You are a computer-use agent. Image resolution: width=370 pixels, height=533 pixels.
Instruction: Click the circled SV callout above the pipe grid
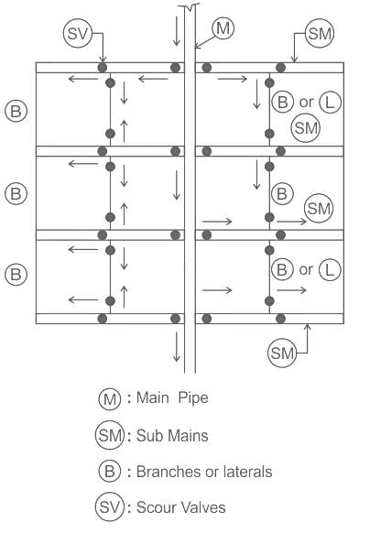tap(78, 33)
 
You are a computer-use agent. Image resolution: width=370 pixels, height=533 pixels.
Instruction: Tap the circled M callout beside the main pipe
tap(223, 27)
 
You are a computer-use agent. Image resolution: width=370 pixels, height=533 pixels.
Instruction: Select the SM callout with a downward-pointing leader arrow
tap(320, 33)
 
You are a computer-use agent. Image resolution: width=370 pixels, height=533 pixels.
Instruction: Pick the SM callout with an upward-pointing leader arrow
tap(282, 353)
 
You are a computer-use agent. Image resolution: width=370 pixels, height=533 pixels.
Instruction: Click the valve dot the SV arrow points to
tap(103, 67)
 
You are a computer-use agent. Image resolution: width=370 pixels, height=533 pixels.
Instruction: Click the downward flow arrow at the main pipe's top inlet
tap(176, 31)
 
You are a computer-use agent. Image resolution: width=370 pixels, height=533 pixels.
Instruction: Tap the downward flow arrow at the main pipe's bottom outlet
tap(176, 347)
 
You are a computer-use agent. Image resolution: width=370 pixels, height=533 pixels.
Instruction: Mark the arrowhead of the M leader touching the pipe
tap(196, 48)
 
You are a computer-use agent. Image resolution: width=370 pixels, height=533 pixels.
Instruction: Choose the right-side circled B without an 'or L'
tap(282, 194)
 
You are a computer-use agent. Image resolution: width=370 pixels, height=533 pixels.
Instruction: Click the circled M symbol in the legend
tap(110, 398)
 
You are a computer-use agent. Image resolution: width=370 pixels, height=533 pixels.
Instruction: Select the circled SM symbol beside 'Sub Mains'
tap(110, 435)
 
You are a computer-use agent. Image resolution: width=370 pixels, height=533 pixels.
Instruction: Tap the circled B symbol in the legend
tap(110, 472)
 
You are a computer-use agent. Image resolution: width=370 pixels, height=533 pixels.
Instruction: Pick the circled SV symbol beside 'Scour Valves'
tap(110, 507)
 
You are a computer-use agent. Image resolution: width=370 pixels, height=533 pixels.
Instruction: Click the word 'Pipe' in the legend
tap(193, 398)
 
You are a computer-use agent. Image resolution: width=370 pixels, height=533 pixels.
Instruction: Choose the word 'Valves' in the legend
tap(203, 508)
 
